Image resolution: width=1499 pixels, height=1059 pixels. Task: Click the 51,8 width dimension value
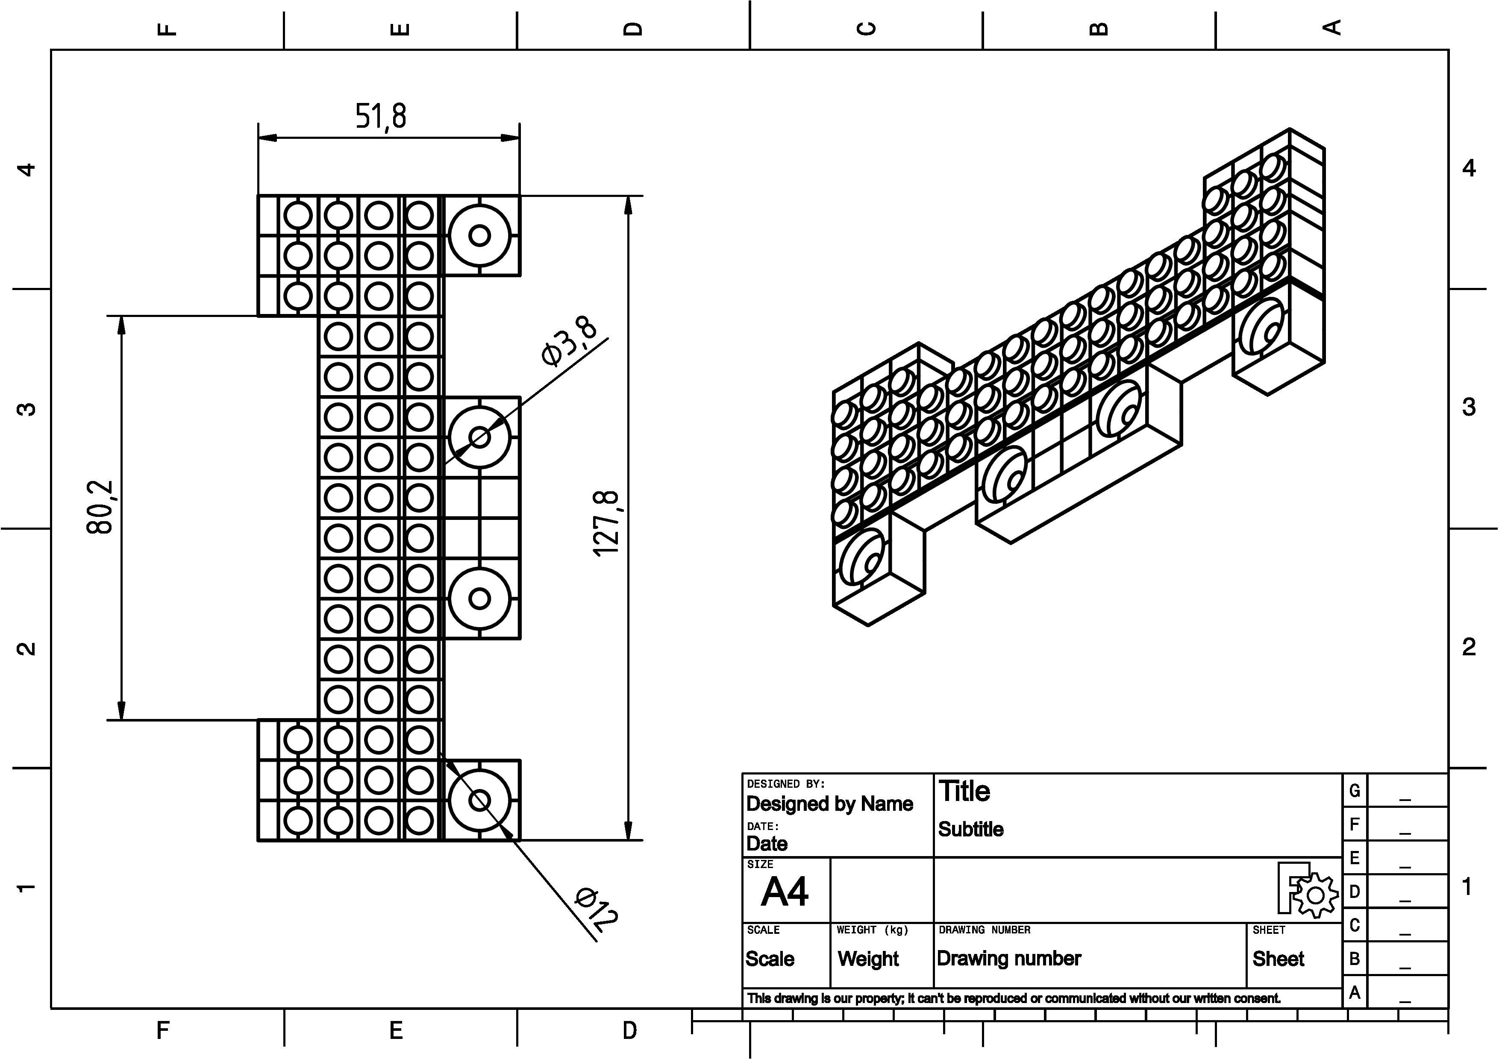pyautogui.click(x=381, y=116)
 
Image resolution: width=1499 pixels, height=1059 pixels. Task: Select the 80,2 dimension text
pyautogui.click(x=100, y=507)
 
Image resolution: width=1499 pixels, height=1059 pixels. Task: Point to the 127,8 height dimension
pyautogui.click(x=606, y=523)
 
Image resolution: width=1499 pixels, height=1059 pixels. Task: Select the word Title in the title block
pyautogui.click(x=964, y=792)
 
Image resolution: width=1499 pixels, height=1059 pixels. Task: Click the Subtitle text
pyautogui.click(x=971, y=829)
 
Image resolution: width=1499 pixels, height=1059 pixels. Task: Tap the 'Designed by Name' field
pyautogui.click(x=829, y=804)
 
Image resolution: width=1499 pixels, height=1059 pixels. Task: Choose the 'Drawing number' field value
pyautogui.click(x=1009, y=959)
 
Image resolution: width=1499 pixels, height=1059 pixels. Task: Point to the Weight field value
pyautogui.click(x=868, y=959)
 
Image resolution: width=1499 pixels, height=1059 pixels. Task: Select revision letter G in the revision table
pyautogui.click(x=1355, y=791)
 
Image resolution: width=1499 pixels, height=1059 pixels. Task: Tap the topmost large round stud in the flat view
pyautogui.click(x=480, y=235)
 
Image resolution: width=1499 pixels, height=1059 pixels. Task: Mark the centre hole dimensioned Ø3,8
pyautogui.click(x=480, y=437)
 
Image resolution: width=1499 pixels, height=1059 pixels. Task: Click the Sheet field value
pyautogui.click(x=1278, y=959)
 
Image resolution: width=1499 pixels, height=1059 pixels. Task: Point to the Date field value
pyautogui.click(x=767, y=844)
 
